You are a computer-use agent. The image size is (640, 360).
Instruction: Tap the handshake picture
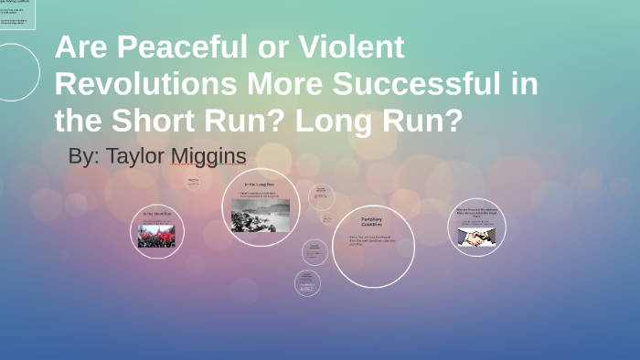coord(476,237)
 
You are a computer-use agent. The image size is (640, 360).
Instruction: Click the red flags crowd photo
coord(156,237)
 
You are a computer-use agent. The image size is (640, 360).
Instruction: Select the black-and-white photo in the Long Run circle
coord(261,219)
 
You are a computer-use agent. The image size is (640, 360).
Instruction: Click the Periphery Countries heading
coord(372,223)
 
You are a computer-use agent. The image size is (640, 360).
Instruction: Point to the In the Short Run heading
coord(156,214)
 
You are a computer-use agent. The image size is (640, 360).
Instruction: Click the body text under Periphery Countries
coord(372,241)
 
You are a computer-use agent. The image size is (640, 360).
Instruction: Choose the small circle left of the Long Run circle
coord(193,182)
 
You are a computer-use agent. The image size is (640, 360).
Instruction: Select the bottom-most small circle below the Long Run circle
coord(308,283)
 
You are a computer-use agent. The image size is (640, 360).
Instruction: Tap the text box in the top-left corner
coord(17,15)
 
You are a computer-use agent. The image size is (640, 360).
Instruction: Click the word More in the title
coord(290,83)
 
